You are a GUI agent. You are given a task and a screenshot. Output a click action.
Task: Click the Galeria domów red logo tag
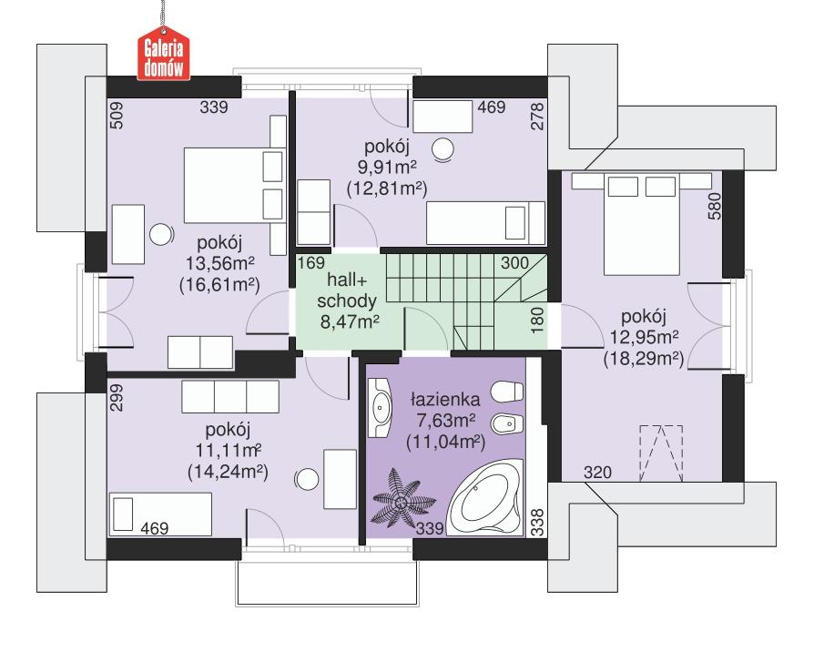[x=163, y=56]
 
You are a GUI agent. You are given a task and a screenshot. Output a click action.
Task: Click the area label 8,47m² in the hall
[x=350, y=321]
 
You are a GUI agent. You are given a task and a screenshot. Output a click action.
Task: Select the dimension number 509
[x=117, y=116]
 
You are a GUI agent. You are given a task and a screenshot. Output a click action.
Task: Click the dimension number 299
[x=117, y=399]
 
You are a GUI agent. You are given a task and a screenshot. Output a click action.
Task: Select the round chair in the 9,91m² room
[x=443, y=148]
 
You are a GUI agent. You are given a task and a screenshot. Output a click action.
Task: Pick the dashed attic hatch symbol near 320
[x=658, y=451]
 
